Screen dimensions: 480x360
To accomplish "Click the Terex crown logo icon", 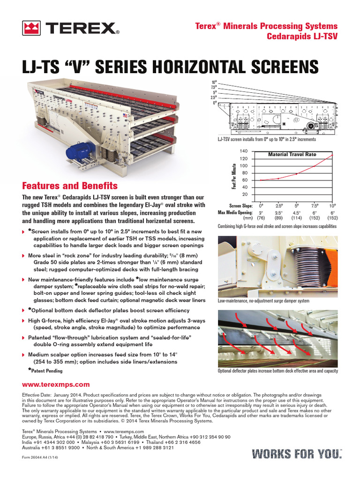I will tap(31, 29).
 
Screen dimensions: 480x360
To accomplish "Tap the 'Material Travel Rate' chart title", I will tap(292, 154).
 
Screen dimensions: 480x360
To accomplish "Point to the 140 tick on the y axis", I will tap(243, 151).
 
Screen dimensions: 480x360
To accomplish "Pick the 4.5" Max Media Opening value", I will tap(296, 212).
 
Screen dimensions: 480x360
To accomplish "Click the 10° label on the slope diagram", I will tap(214, 82).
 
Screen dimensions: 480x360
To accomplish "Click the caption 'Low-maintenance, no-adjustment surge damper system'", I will tap(264, 300).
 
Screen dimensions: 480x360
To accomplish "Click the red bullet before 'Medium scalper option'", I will tap(24, 355).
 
